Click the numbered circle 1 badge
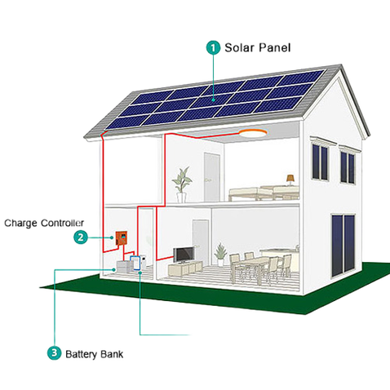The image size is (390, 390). click(214, 48)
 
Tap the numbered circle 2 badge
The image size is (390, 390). click(81, 237)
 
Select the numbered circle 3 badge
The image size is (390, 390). click(55, 353)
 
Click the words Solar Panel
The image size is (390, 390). click(258, 48)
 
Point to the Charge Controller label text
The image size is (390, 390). click(44, 223)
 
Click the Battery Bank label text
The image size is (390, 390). click(95, 354)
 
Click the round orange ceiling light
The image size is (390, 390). click(253, 133)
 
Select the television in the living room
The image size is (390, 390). click(184, 255)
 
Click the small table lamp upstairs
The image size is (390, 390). click(290, 179)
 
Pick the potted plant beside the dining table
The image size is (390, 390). click(220, 255)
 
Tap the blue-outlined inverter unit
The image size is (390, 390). click(135, 263)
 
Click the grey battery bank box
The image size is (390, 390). click(124, 266)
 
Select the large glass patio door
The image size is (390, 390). click(343, 245)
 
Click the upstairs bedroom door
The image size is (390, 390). click(212, 177)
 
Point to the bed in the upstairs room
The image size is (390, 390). click(264, 193)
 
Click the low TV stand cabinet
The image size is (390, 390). click(185, 268)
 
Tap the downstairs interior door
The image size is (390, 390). click(201, 239)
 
